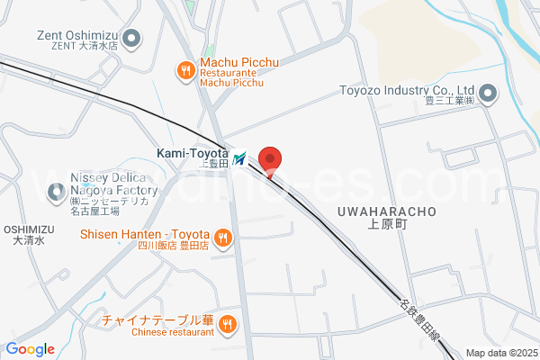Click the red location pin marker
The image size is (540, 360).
pos(270,159)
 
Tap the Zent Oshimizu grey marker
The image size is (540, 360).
pos(132,39)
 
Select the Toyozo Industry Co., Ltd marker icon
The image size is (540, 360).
pos(488,93)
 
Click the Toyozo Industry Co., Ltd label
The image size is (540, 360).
pos(406,91)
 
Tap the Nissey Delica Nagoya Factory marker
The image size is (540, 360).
pos(57,184)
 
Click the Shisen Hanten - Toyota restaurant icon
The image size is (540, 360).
pos(223,238)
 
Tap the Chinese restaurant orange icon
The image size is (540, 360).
pos(228,324)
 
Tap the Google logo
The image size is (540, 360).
pos(30,349)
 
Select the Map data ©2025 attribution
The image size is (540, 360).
pos(501,353)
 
